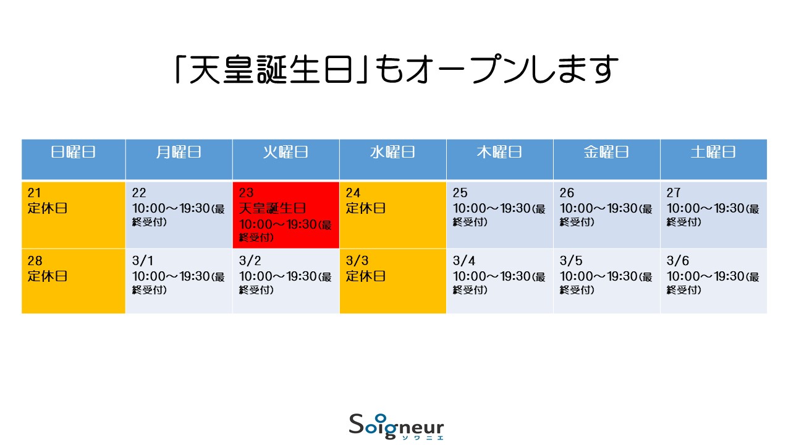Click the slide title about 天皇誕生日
coord(397,69)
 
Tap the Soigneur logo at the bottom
coord(396,426)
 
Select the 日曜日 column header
coord(74,159)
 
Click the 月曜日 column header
coord(179,159)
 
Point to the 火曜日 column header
coord(286,159)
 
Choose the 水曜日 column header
coord(393,159)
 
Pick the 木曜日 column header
coord(500,159)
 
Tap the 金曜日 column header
coord(607,159)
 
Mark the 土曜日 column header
coord(714,159)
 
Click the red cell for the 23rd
coord(286,215)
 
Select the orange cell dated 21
coord(74,215)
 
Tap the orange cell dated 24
coord(393,215)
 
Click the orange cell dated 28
coord(74,281)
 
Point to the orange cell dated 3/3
coord(393,281)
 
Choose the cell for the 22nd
coord(179,215)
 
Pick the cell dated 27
coord(714,215)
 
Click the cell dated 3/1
coord(179,281)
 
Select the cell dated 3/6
coord(714,281)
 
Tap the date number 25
coord(460,193)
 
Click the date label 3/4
coord(464,261)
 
